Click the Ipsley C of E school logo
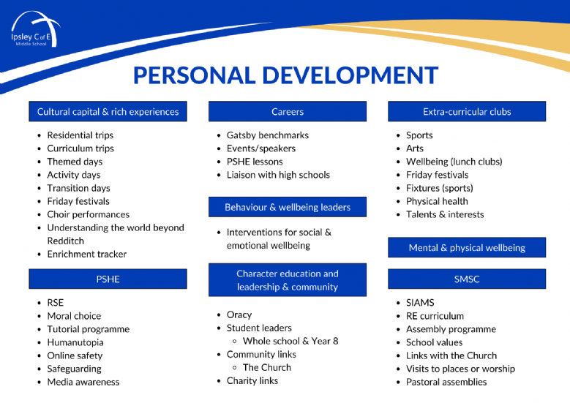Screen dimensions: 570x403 pos(36,30)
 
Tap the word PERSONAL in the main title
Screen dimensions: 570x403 pos(194,75)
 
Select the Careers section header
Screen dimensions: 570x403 pos(287,112)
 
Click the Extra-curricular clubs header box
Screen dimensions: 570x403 pos(467,112)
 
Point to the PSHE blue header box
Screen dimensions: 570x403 pos(108,279)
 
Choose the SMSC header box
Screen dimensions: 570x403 pos(467,279)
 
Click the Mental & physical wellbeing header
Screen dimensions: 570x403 pos(467,247)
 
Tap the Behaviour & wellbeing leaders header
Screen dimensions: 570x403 pos(287,207)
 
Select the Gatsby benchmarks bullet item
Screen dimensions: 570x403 pos(268,135)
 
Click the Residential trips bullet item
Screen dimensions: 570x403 pos(80,135)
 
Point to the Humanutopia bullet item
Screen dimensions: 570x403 pos(75,342)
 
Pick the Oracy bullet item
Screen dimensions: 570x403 pos(239,315)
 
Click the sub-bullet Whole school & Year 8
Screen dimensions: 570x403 pos(290,341)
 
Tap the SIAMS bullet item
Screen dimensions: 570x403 pos(420,303)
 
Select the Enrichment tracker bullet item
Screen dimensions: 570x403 pos(87,254)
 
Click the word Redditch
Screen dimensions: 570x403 pos(65,241)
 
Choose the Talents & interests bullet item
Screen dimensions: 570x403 pos(445,214)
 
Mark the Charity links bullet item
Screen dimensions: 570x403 pos(252,380)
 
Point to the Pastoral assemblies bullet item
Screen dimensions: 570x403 pos(446,382)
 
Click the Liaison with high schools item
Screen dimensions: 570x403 pos(278,175)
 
